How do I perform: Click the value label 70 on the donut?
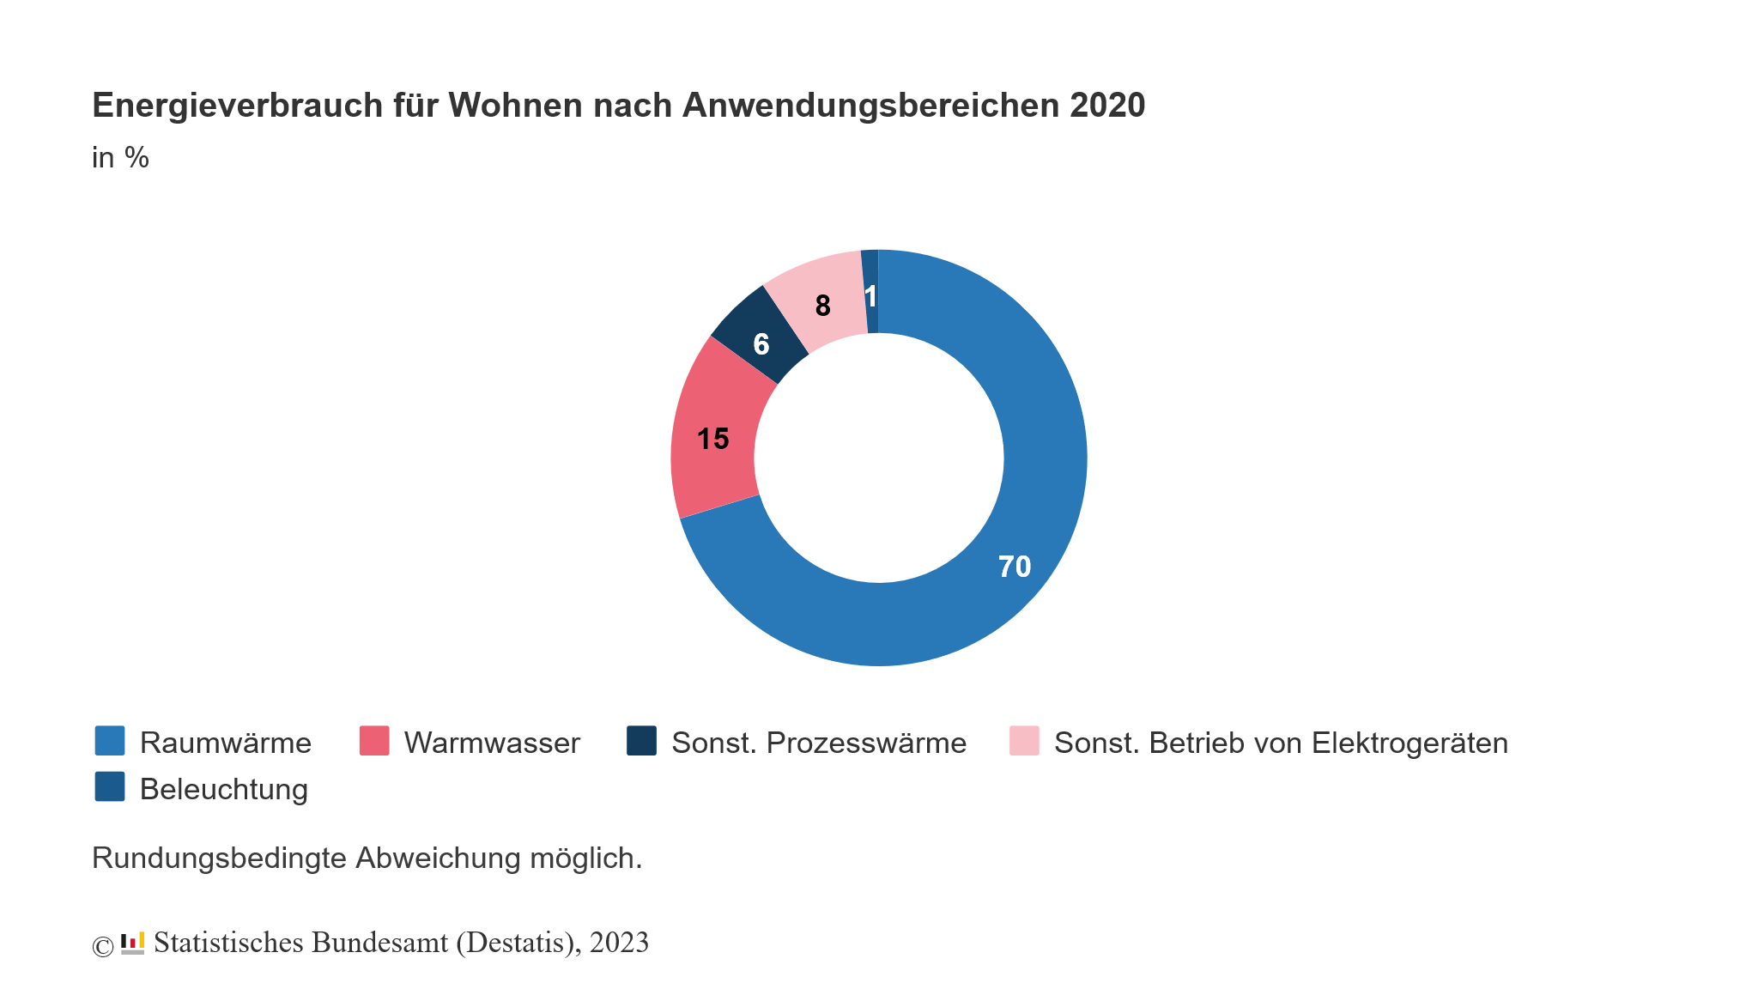click(x=1014, y=567)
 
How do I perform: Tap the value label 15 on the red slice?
click(x=712, y=439)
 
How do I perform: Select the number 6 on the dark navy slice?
click(x=761, y=344)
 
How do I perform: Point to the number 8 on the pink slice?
click(x=822, y=306)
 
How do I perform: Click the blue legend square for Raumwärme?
click(x=110, y=741)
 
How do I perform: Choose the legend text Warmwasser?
click(x=492, y=743)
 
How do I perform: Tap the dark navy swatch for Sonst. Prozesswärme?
click(x=641, y=741)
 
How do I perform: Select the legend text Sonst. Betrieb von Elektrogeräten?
click(x=1280, y=743)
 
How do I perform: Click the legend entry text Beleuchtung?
click(x=223, y=789)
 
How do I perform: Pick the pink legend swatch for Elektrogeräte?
click(x=1024, y=741)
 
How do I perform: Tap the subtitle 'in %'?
click(x=120, y=158)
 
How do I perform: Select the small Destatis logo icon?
click(x=133, y=943)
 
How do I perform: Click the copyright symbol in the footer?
click(x=102, y=946)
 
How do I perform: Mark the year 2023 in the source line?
click(x=619, y=943)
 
